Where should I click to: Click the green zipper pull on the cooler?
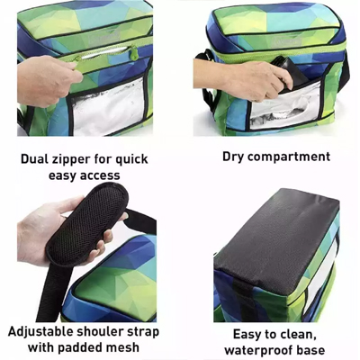coord(134,54)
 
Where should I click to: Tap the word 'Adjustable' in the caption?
coord(39,332)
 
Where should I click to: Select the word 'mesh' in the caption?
coord(123,347)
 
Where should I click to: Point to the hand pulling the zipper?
coord(47,79)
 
